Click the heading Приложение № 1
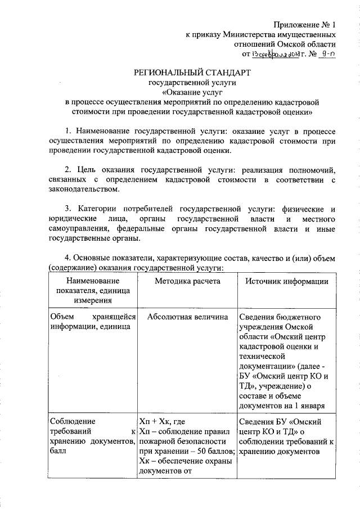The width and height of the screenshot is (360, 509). (305, 25)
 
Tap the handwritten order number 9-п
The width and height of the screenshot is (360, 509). (325, 55)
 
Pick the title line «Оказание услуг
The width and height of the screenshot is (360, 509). (192, 92)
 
